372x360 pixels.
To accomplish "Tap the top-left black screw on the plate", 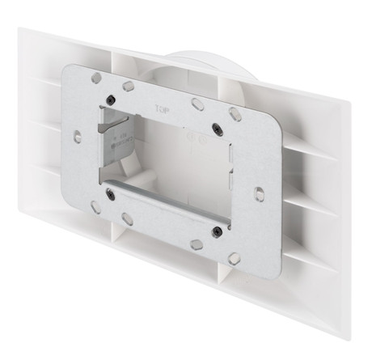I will pos(108,100).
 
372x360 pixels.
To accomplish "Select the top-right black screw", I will pos(216,127).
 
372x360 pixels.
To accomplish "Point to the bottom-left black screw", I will pos(109,192).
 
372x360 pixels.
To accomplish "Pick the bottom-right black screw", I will pos(217,231).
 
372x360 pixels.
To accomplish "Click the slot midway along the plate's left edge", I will pos(77,136).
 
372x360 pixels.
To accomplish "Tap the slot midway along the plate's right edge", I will pos(258,193).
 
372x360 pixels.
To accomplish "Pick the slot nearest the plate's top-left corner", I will pos(96,78).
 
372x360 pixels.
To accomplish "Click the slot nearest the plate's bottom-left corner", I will pos(95,206).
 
